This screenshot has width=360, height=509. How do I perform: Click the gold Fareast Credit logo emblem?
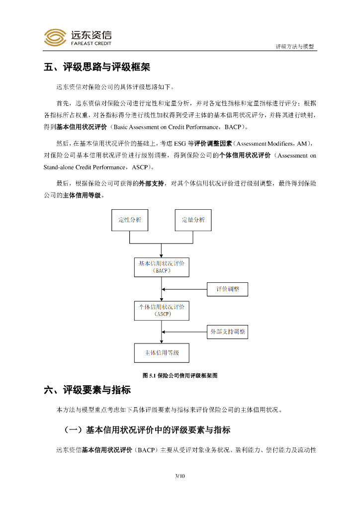pos(55,37)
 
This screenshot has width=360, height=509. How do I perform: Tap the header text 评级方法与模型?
pos(295,46)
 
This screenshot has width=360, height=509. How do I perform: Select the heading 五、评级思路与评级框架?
pos(97,67)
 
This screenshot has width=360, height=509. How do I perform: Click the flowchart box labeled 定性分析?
pos(130,220)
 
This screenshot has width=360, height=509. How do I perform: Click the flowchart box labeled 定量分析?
pos(193,220)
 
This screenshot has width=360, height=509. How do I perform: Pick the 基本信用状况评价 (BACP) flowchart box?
pos(162,267)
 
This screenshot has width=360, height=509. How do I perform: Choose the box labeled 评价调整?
pos(227,289)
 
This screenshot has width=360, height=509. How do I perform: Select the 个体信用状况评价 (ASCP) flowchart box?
pos(162,310)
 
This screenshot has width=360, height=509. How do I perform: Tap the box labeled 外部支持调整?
pos(227,332)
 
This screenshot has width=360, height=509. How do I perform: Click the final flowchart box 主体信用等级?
pos(162,353)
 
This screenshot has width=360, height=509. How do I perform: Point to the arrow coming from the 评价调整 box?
pos(184,289)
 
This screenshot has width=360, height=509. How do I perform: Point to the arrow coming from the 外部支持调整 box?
pos(184,332)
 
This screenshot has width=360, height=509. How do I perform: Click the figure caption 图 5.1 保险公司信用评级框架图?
pos(180,376)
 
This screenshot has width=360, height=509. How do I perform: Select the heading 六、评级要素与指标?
pos(88,390)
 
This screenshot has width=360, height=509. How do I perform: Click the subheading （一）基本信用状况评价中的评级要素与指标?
pos(147,429)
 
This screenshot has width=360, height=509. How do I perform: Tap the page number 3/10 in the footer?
pos(180,476)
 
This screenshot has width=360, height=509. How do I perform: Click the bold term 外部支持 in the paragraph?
pos(152,183)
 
